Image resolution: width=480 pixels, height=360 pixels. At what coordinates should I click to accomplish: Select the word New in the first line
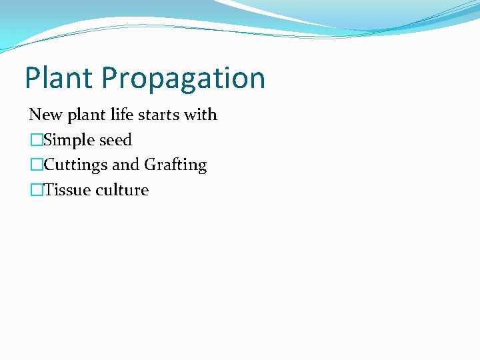point(45,115)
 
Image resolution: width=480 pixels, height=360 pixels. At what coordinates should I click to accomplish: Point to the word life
point(125,115)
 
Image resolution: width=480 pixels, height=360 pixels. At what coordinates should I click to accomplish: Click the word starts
point(161,115)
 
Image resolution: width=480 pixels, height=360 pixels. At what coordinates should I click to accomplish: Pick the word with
point(201,115)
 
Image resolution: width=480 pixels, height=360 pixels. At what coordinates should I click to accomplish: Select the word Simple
point(69,141)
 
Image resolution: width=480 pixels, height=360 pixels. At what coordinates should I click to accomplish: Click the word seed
point(116,140)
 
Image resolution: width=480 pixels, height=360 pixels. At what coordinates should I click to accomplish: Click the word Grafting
point(175,165)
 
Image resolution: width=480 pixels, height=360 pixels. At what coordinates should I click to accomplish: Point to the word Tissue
point(67,190)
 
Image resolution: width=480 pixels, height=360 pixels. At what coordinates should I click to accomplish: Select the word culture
point(122,190)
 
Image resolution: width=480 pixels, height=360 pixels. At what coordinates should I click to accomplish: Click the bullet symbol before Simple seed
point(36,141)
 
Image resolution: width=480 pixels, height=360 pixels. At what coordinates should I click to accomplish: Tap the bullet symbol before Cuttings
point(36,165)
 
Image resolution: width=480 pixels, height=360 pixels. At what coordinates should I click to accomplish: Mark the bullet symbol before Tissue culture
point(36,191)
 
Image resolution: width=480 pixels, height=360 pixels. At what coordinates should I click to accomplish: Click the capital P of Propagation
point(111,77)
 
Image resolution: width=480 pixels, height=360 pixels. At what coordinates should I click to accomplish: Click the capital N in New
point(36,115)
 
